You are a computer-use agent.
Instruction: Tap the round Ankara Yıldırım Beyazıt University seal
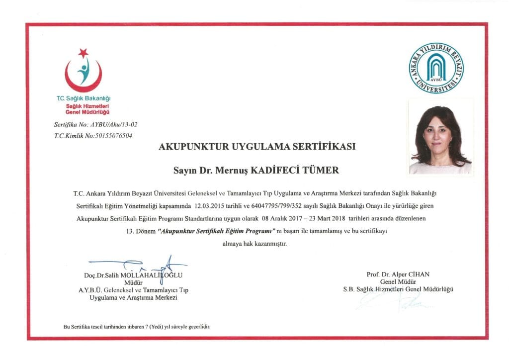[x=436, y=68]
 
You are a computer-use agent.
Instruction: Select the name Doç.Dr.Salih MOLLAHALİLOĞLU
[x=134, y=275]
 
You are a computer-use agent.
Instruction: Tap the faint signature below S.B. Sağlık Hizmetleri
[x=393, y=300]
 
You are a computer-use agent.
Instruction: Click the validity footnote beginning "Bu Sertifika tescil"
[x=137, y=327]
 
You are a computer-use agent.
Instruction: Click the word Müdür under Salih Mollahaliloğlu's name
[x=133, y=283]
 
